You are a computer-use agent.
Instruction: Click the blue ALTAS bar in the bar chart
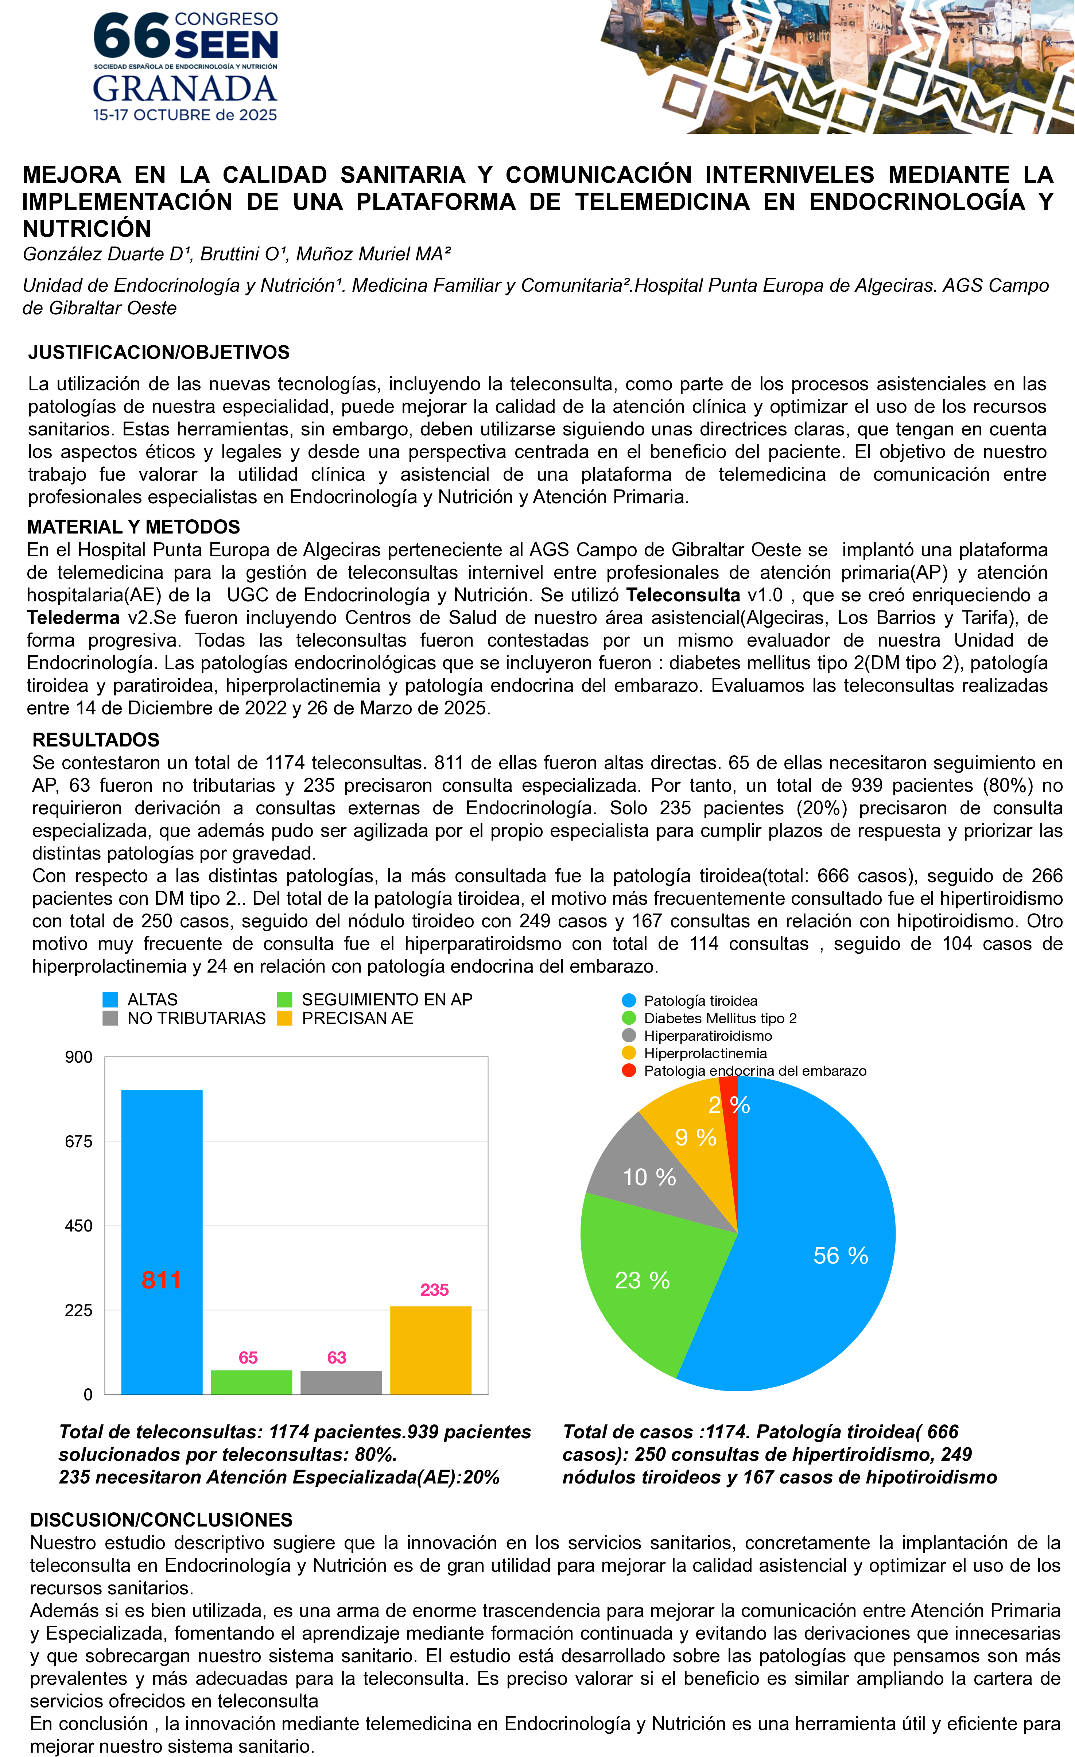point(162,1212)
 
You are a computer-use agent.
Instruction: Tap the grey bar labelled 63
point(341,1382)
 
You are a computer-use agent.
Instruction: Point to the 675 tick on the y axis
point(79,1142)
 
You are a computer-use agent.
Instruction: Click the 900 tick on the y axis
point(79,1058)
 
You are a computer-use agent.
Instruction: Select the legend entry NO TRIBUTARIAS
point(196,1018)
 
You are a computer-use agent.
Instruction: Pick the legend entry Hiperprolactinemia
point(705,1053)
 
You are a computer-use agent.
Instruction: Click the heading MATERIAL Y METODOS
point(133,527)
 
